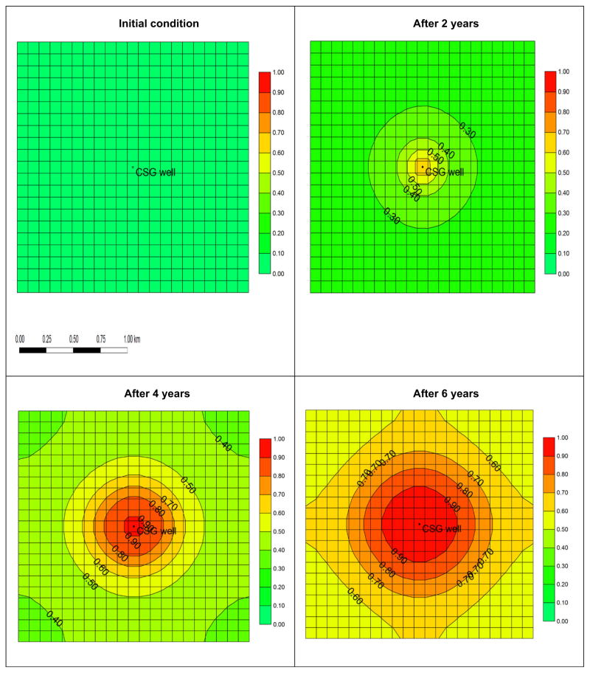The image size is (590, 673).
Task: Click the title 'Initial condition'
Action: point(159,24)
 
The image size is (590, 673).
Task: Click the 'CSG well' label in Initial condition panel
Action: point(156,173)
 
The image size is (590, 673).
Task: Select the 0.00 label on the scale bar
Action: point(20,339)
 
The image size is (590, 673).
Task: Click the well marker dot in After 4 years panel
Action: point(133,525)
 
